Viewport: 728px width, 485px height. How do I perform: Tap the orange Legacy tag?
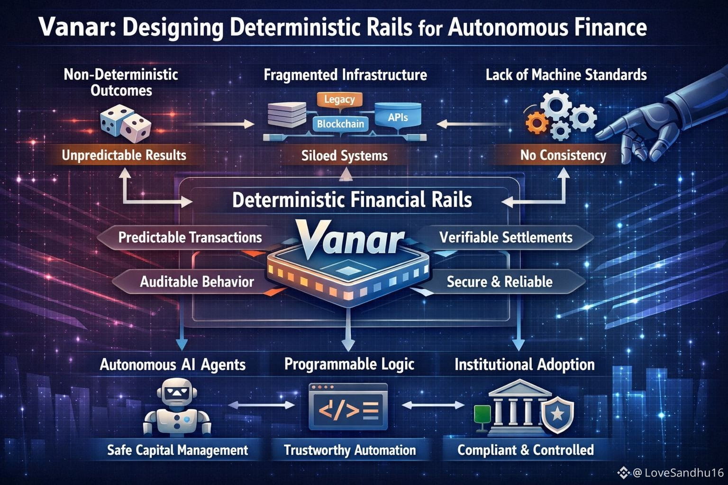point(339,100)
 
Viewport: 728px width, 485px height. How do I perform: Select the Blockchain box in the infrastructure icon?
point(340,124)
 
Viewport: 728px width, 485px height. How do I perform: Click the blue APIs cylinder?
point(398,117)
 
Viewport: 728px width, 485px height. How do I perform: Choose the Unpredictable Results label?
point(124,155)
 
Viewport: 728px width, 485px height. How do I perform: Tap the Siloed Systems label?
point(345,155)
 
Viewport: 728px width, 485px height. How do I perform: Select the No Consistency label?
point(563,155)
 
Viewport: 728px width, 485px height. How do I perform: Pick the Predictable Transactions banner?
point(190,237)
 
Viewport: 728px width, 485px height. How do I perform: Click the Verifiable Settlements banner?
point(506,237)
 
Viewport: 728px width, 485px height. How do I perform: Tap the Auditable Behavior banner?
point(197,282)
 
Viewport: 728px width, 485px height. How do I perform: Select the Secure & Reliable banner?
point(500,282)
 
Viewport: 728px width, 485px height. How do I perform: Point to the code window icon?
point(348,406)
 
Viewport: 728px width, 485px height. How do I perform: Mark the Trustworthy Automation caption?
point(350,450)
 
